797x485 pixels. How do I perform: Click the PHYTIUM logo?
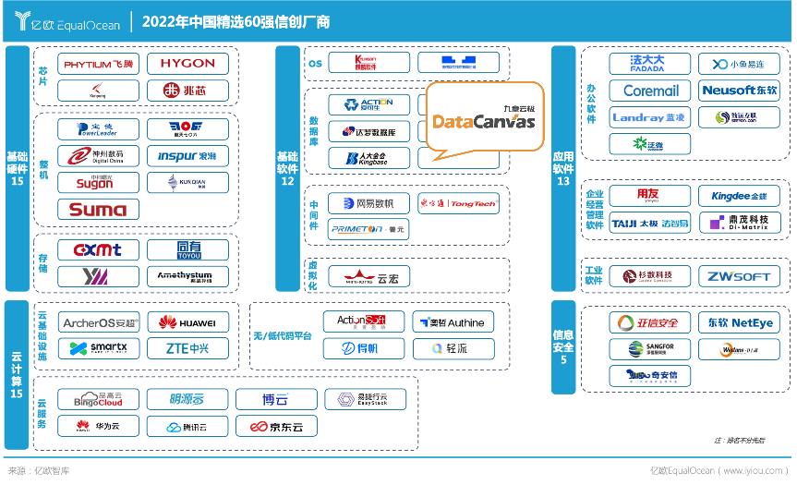coord(99,65)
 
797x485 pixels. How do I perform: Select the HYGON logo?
coord(187,64)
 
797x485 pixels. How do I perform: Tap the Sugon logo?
coord(99,183)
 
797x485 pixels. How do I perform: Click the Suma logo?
coord(99,209)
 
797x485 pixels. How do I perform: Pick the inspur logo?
coord(187,155)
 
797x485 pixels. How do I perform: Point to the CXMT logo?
coord(99,249)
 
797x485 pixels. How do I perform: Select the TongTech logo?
coord(459,203)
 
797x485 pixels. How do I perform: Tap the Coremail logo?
coord(651,91)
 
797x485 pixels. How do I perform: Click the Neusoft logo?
coord(740,91)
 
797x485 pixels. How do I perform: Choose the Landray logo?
coord(651,117)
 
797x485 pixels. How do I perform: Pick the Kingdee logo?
coord(740,196)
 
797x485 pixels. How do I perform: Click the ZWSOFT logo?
coord(740,276)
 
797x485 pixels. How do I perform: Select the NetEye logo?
coord(740,323)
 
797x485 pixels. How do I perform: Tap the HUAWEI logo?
coord(187,322)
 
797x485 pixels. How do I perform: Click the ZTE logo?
coord(187,348)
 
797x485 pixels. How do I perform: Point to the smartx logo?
coord(99,348)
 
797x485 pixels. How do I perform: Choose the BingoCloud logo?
coord(99,400)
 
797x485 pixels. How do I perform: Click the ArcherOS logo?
coord(99,322)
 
